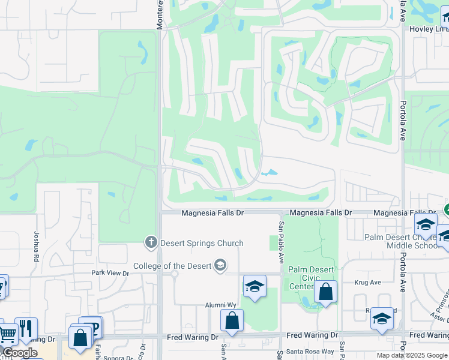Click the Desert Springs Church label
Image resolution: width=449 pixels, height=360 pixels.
click(201, 243)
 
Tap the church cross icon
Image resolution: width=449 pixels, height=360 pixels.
click(151, 243)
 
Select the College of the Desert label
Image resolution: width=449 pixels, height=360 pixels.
click(172, 266)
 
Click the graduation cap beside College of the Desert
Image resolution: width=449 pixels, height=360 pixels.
click(220, 265)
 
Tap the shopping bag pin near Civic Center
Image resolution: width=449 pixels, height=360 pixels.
click(325, 292)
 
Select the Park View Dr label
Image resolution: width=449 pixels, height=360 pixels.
click(110, 272)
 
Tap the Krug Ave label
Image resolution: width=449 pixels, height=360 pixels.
click(367, 282)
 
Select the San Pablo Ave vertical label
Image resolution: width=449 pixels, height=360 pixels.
click(280, 242)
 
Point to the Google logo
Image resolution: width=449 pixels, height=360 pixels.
click(20, 353)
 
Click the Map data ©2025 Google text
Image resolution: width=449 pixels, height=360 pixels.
click(411, 355)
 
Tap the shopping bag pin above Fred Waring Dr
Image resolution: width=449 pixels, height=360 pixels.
click(232, 321)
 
